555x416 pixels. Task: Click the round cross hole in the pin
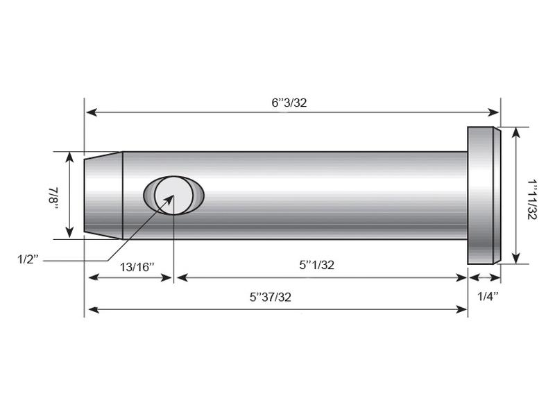coord(173,195)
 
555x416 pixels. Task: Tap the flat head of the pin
coord(483,195)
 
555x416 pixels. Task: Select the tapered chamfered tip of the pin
coord(103,195)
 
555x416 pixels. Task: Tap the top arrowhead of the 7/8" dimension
coord(69,156)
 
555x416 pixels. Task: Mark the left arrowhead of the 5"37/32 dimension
coord(89,309)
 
